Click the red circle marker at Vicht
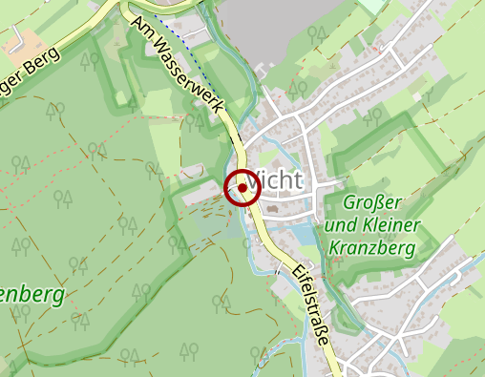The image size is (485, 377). (242, 187)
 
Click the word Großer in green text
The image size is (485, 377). (370, 203)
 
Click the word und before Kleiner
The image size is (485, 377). (338, 225)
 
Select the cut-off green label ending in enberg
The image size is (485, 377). (32, 293)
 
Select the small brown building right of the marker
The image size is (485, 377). (274, 207)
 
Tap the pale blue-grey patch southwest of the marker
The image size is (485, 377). (212, 220)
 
